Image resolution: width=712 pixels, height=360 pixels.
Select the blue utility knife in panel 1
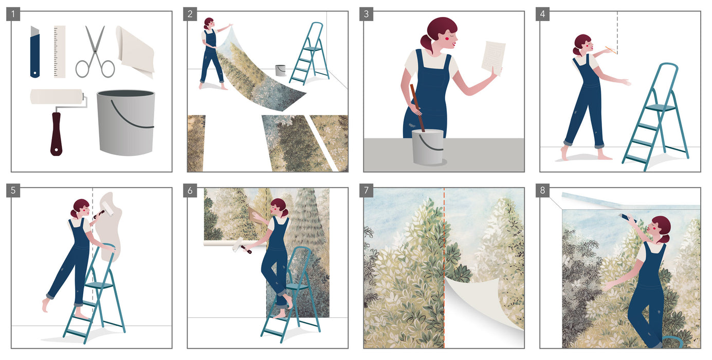click(x=34, y=51)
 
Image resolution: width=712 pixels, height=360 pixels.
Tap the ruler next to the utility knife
click(x=60, y=51)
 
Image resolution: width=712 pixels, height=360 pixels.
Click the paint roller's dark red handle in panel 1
click(x=56, y=134)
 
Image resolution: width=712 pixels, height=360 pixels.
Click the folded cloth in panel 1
click(x=135, y=51)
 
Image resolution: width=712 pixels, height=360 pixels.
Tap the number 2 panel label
click(x=190, y=14)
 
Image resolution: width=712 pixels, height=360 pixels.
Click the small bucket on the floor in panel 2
click(x=280, y=70)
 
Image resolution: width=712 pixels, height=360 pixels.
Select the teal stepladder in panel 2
click(x=307, y=54)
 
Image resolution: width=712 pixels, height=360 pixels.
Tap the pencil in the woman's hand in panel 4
click(x=610, y=50)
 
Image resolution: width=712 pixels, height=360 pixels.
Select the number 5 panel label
click(x=13, y=191)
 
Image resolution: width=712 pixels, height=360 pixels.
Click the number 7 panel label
click(x=366, y=191)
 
